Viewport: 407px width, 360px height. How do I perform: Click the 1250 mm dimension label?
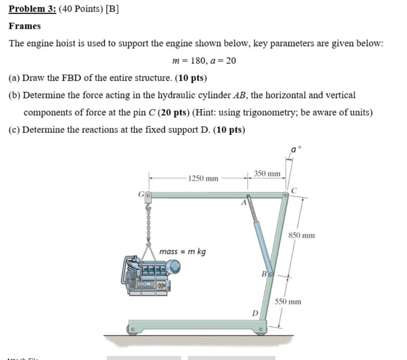point(203,179)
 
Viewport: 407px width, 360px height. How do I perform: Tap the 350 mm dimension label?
point(267,174)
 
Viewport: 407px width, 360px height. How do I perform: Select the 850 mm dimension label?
point(302,235)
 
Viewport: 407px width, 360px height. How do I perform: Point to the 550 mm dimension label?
point(288,302)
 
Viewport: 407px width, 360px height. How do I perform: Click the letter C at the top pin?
point(294,191)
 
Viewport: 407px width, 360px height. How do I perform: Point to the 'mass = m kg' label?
point(182,252)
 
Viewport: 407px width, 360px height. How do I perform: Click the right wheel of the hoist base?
point(261,330)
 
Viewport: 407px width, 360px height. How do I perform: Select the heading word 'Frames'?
point(25,26)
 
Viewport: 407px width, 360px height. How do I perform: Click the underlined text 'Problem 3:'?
point(33,9)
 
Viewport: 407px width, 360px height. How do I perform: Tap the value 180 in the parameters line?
point(198,61)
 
